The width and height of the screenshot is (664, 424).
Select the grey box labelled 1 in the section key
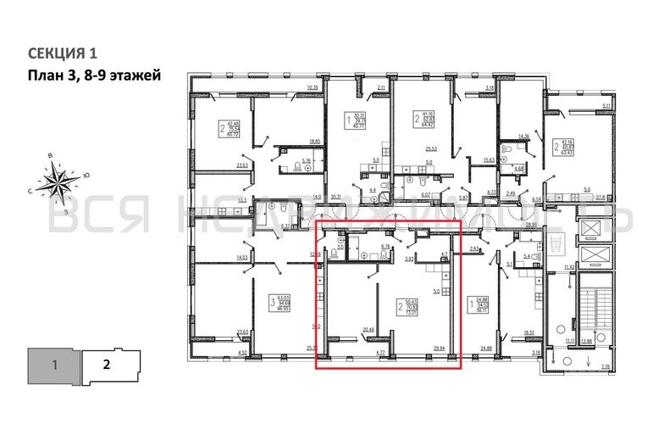click(54, 366)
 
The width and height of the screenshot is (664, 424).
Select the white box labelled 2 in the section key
click(107, 366)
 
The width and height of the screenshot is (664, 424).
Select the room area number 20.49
click(368, 330)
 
